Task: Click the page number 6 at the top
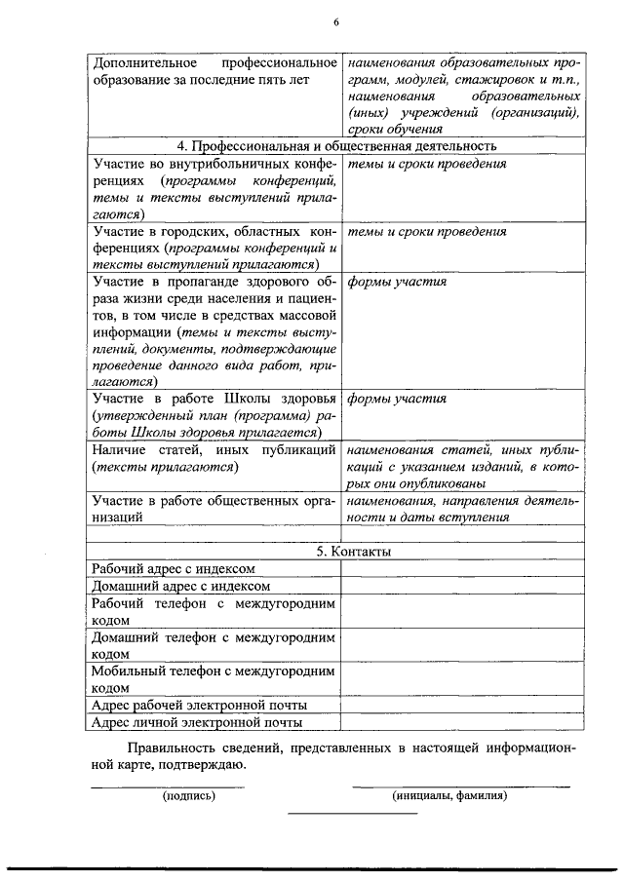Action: tap(335, 22)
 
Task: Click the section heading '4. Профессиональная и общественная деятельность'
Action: tap(336, 146)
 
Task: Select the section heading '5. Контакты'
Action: tap(335, 552)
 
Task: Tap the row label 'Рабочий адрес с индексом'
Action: tap(173, 569)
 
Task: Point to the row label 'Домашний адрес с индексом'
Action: tap(178, 587)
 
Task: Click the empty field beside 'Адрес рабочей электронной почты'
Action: tap(462, 705)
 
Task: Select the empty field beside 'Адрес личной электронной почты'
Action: tap(462, 722)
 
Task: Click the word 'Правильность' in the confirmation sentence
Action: tap(170, 748)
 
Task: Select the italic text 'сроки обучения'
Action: tap(389, 129)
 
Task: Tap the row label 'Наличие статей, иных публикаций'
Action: tap(213, 450)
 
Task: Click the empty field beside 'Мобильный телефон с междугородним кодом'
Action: tap(462, 678)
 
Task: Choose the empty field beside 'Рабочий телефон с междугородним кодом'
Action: tap(462, 612)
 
